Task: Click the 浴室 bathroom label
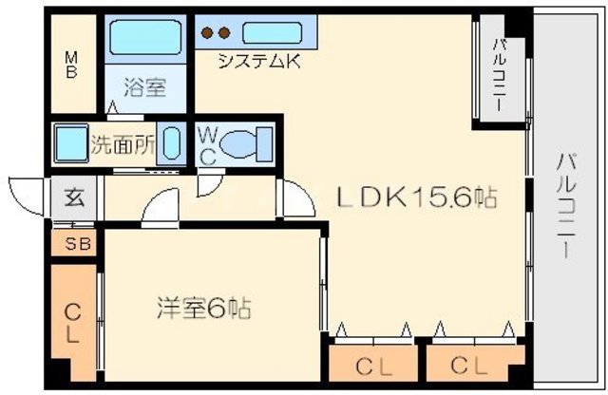click(145, 89)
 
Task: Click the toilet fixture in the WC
click(251, 145)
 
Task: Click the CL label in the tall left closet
click(72, 323)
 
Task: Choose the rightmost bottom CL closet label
click(470, 366)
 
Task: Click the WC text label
click(207, 146)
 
